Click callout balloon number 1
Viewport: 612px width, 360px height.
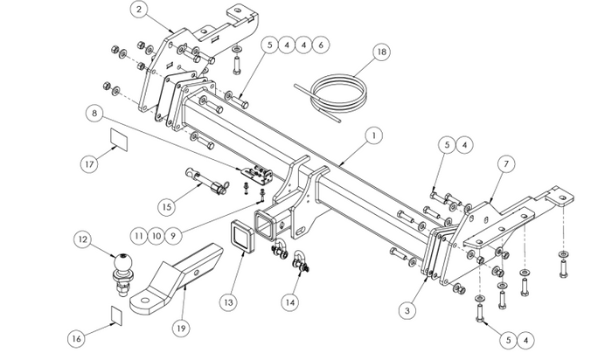point(373,135)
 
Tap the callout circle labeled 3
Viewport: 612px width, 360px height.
point(407,308)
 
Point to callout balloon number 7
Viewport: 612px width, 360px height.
point(504,163)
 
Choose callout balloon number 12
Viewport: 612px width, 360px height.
point(82,239)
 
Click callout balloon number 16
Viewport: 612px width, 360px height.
point(76,336)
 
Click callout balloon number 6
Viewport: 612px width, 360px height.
point(321,43)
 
